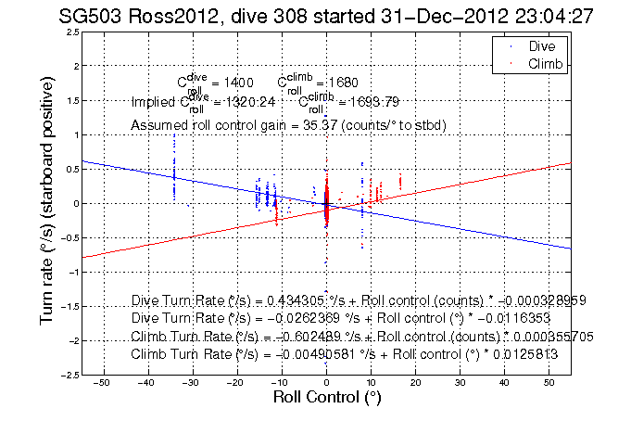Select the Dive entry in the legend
click(541, 45)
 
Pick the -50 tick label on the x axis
click(102, 383)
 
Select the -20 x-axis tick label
click(236, 383)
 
